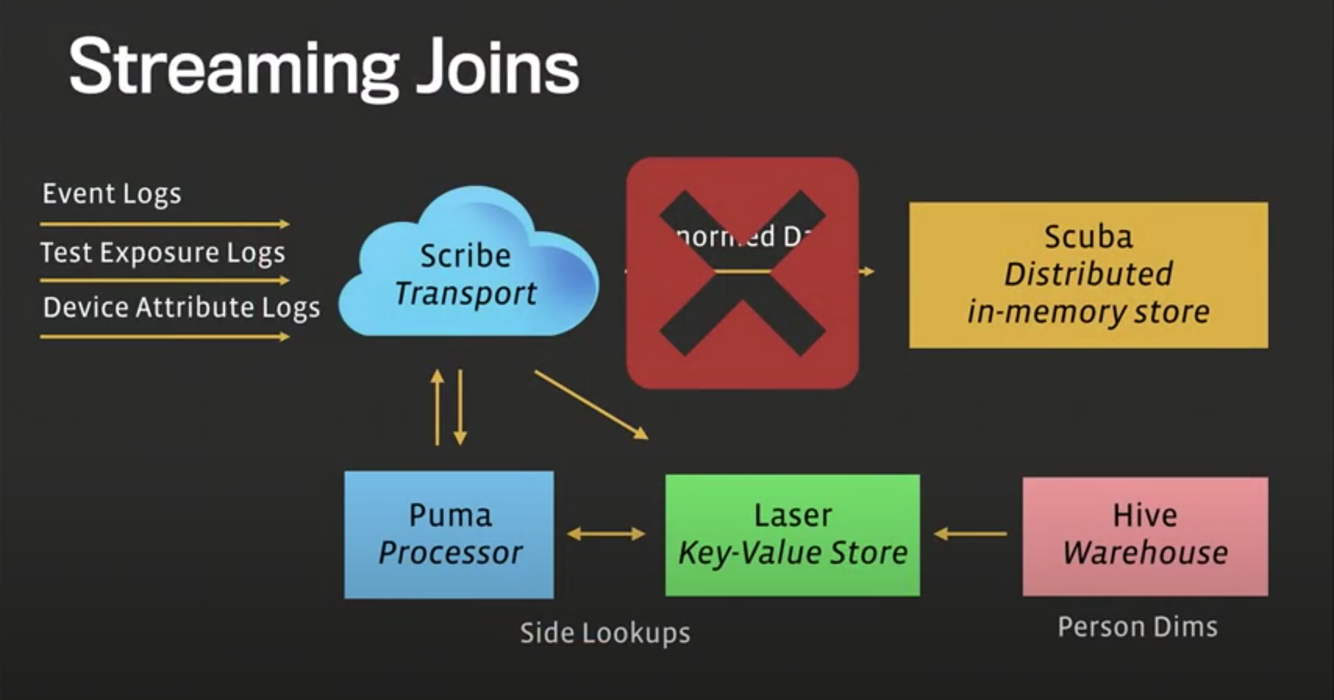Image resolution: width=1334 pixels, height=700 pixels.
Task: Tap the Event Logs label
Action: pyautogui.click(x=112, y=194)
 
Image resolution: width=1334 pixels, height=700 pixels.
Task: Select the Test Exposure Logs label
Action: pyautogui.click(x=163, y=253)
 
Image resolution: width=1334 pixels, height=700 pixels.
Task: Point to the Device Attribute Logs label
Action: pyautogui.click(x=181, y=308)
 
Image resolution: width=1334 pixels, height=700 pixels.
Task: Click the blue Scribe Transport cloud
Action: pyautogui.click(x=466, y=269)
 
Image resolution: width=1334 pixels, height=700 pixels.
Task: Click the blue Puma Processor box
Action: pyautogui.click(x=449, y=534)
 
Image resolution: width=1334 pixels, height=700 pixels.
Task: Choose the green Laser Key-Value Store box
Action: pyautogui.click(x=792, y=534)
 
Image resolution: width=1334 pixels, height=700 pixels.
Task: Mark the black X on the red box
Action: pyautogui.click(x=742, y=273)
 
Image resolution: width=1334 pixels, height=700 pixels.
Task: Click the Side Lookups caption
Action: pyautogui.click(x=605, y=633)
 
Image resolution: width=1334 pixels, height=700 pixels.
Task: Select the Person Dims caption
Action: pyautogui.click(x=1137, y=627)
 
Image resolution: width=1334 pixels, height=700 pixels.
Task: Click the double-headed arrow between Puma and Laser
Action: pyautogui.click(x=606, y=534)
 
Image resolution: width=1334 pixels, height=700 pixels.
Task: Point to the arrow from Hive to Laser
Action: pyautogui.click(x=970, y=534)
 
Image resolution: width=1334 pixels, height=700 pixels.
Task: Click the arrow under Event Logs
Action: pyautogui.click(x=165, y=224)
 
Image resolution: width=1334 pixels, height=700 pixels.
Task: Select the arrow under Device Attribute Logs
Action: pyautogui.click(x=165, y=337)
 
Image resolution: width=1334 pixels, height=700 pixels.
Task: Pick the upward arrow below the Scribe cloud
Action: pyautogui.click(x=438, y=407)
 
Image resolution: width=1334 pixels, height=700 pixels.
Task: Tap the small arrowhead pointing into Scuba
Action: pyautogui.click(x=868, y=271)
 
